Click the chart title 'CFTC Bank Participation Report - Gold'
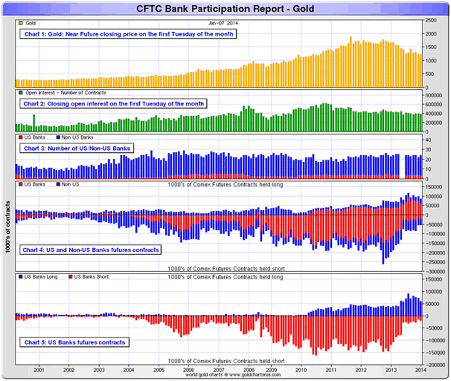click(225, 9)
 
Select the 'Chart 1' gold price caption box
click(129, 34)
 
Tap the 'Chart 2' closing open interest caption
click(113, 104)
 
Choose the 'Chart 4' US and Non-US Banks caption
click(91, 250)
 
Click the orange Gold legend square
click(20, 22)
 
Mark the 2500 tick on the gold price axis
click(431, 20)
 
